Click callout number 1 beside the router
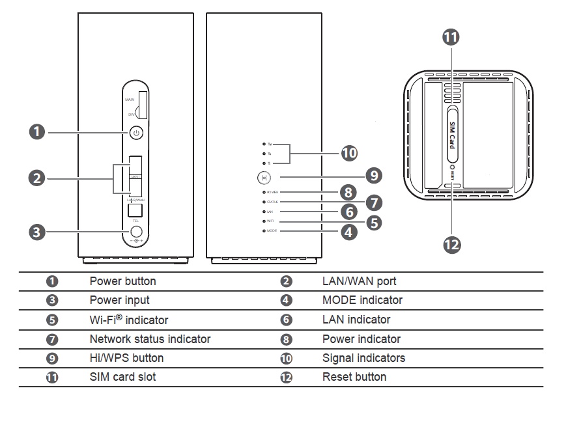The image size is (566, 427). [x=38, y=132]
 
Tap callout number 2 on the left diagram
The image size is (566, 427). [x=38, y=177]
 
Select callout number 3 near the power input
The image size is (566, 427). [x=38, y=231]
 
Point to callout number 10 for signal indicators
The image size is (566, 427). [x=350, y=153]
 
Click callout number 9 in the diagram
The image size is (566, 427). [x=373, y=176]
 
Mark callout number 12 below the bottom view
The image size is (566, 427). [x=451, y=244]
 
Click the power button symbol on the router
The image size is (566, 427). [x=135, y=133]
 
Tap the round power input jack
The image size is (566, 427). [x=136, y=231]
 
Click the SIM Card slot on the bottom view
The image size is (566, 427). [x=451, y=133]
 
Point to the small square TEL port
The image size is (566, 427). [x=135, y=210]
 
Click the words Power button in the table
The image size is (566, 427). [x=122, y=281]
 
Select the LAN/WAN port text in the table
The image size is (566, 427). [x=359, y=281]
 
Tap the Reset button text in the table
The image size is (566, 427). [x=354, y=377]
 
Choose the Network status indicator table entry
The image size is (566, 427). [x=150, y=339]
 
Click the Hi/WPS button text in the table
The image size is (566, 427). [x=126, y=358]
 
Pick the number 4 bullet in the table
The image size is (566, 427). [x=286, y=301]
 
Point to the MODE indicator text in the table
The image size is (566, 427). [x=362, y=300]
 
